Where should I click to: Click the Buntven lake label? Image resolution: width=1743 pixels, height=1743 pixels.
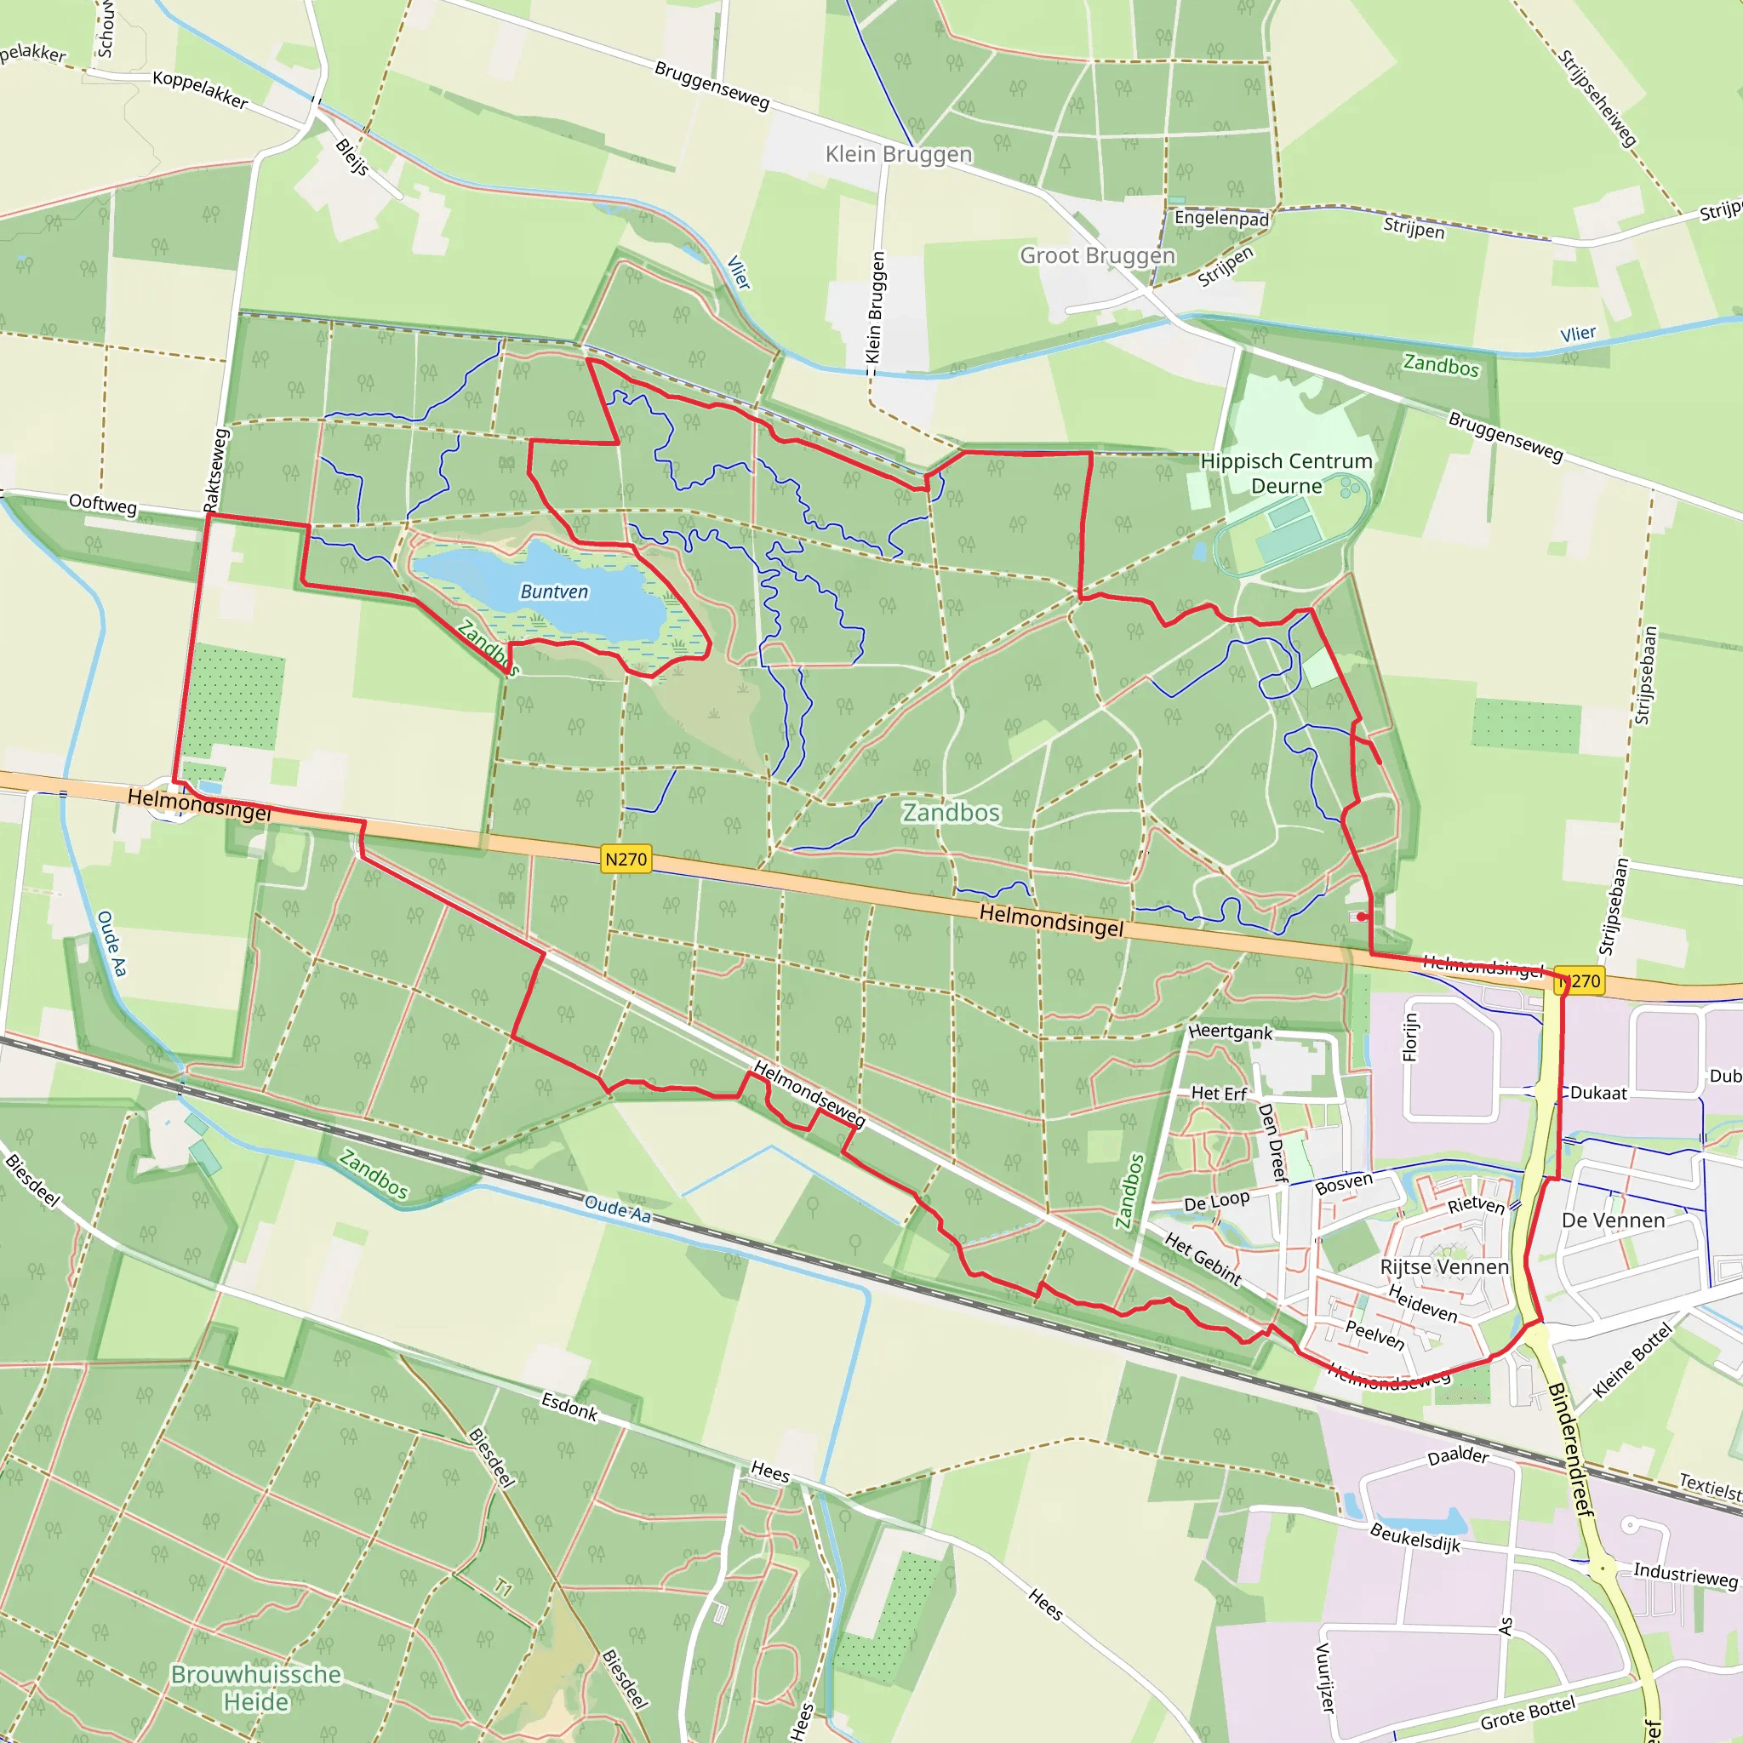click(554, 591)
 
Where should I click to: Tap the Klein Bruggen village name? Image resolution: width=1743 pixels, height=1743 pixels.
click(899, 154)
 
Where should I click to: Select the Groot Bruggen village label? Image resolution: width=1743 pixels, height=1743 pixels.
click(1097, 256)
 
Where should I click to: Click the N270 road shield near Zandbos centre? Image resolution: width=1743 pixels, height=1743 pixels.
click(626, 859)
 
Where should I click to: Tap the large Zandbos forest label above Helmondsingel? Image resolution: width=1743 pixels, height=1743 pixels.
click(951, 813)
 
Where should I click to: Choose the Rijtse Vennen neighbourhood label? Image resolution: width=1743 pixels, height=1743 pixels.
click(1443, 1266)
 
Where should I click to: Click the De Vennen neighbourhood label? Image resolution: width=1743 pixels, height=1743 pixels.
click(1613, 1220)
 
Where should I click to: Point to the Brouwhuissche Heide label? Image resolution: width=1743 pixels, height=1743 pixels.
click(256, 1688)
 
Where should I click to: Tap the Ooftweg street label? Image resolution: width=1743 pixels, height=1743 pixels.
click(103, 504)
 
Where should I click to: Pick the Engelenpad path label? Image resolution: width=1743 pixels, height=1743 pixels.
click(1220, 219)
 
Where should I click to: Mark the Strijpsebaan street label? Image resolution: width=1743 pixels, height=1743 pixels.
click(1646, 676)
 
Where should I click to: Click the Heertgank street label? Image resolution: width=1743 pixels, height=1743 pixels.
click(1230, 1032)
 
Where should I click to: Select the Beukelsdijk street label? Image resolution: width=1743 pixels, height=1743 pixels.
click(1414, 1536)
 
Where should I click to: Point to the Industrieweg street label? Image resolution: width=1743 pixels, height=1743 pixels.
click(1685, 1575)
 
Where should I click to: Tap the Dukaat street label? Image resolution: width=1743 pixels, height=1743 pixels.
click(1598, 1094)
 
